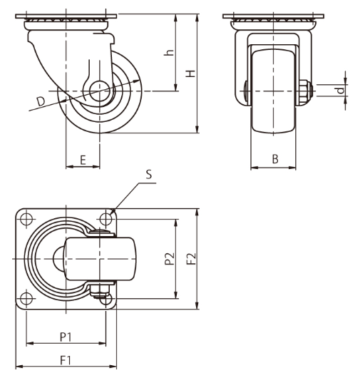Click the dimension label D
point(41,101)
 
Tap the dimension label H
point(190,73)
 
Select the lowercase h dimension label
point(169,53)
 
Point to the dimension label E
point(83,160)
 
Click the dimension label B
point(275,159)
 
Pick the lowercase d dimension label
point(341,91)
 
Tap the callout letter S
point(149,174)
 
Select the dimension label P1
point(66,337)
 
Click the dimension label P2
point(170,259)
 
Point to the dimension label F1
point(66,360)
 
